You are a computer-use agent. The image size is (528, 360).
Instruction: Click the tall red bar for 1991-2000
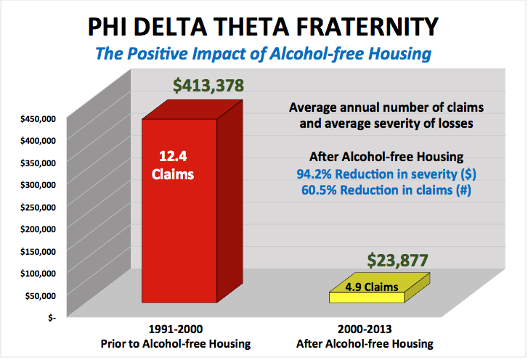[x=179, y=232]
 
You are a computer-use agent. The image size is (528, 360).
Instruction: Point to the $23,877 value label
[x=397, y=258]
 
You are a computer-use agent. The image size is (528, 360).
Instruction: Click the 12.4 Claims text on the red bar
[x=179, y=165]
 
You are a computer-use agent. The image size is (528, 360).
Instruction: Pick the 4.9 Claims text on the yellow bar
[x=371, y=287]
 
